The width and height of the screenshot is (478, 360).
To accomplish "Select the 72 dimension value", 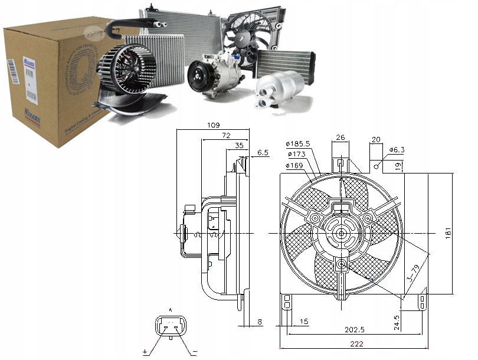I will click(x=225, y=136).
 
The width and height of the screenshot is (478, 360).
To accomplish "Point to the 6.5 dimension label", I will click(x=263, y=153).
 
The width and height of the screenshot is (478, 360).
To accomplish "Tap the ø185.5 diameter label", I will click(x=298, y=143).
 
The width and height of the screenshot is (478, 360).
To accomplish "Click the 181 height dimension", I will click(x=448, y=233).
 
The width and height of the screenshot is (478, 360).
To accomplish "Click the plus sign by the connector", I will click(x=145, y=352).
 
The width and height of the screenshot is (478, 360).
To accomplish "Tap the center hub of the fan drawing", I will click(x=341, y=233).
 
